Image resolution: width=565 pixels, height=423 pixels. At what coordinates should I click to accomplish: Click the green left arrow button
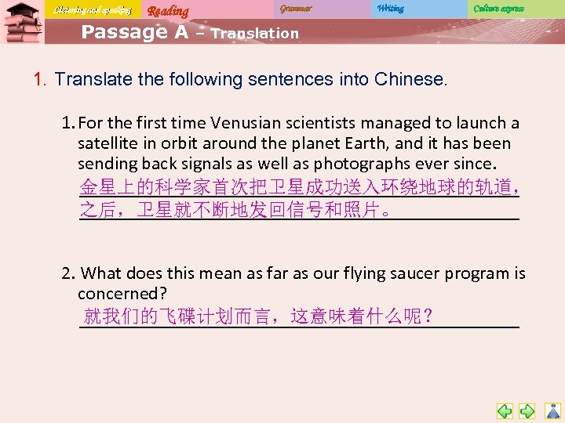pyautogui.click(x=505, y=410)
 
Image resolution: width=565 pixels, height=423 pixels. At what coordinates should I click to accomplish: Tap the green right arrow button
pyautogui.click(x=527, y=410)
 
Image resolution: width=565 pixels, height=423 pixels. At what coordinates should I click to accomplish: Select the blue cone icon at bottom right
pyautogui.click(x=552, y=410)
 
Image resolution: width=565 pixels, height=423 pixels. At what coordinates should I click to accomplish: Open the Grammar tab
pyautogui.click(x=296, y=9)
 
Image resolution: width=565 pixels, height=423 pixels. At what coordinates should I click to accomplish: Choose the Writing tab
pyautogui.click(x=390, y=9)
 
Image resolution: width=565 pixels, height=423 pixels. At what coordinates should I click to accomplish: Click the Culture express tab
pyautogui.click(x=498, y=9)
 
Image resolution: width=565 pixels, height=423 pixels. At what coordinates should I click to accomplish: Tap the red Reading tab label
pyautogui.click(x=168, y=10)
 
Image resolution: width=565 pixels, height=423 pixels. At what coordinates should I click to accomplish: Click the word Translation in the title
pyautogui.click(x=255, y=34)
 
